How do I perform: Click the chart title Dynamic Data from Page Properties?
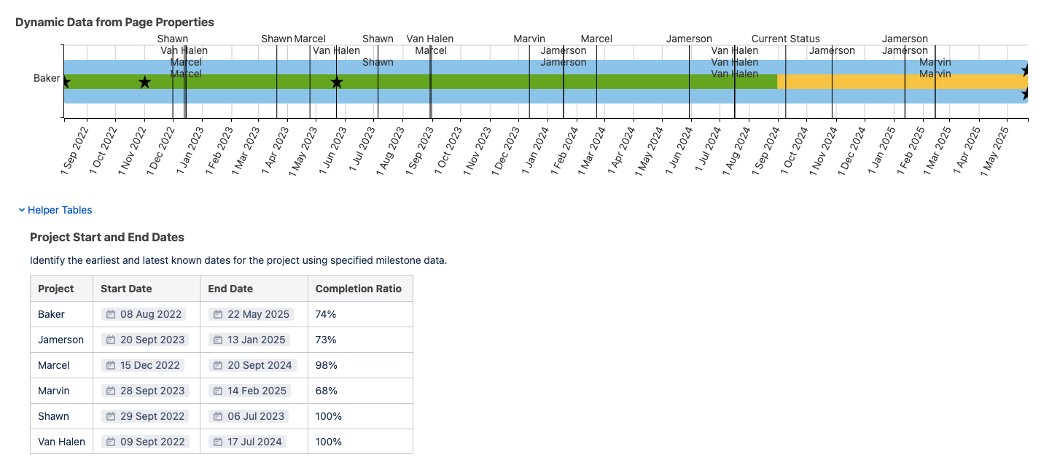[x=114, y=22]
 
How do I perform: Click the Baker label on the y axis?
[x=47, y=78]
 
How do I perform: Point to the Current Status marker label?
[x=785, y=39]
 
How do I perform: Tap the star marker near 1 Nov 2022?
[x=144, y=82]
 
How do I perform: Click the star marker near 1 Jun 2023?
[x=336, y=82]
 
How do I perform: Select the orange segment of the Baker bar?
[x=901, y=82]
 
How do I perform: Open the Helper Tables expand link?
[x=59, y=210]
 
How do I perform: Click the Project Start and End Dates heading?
[x=106, y=237]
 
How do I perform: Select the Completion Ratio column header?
[x=358, y=289]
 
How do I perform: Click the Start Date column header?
[x=126, y=289]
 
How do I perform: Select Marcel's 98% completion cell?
[x=325, y=365]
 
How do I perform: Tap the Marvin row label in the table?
[x=54, y=391]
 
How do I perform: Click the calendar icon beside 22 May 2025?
[x=218, y=314]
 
